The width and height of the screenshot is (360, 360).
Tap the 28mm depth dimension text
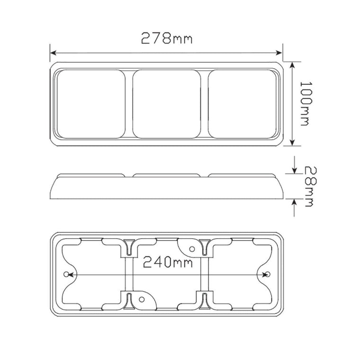tap(309, 186)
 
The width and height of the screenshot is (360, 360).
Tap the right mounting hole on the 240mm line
tap(268, 275)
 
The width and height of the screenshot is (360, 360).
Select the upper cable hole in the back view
tap(192, 248)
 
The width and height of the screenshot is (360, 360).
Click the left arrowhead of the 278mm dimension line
tap(53, 53)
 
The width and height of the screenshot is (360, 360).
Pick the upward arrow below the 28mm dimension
tap(294, 202)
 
